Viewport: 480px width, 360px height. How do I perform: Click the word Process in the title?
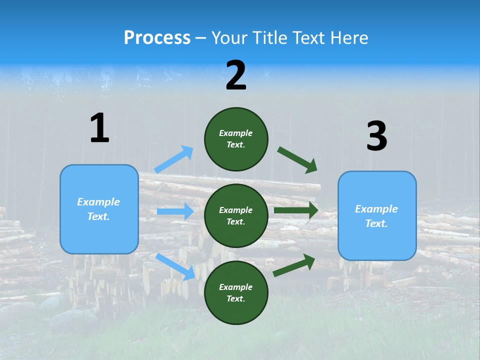point(157,38)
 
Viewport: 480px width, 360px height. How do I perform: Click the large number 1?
point(99,128)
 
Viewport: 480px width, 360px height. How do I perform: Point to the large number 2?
point(236,75)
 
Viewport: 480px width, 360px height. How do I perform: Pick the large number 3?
point(376,136)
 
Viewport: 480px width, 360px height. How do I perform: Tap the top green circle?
point(236,139)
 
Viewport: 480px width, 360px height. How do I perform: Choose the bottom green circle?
point(236,292)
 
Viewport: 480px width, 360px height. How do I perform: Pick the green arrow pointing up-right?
point(294,265)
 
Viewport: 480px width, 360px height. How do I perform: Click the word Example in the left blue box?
point(98,202)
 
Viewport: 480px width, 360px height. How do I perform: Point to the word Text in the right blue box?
point(376,223)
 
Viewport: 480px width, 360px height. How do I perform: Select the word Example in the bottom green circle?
point(236,287)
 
